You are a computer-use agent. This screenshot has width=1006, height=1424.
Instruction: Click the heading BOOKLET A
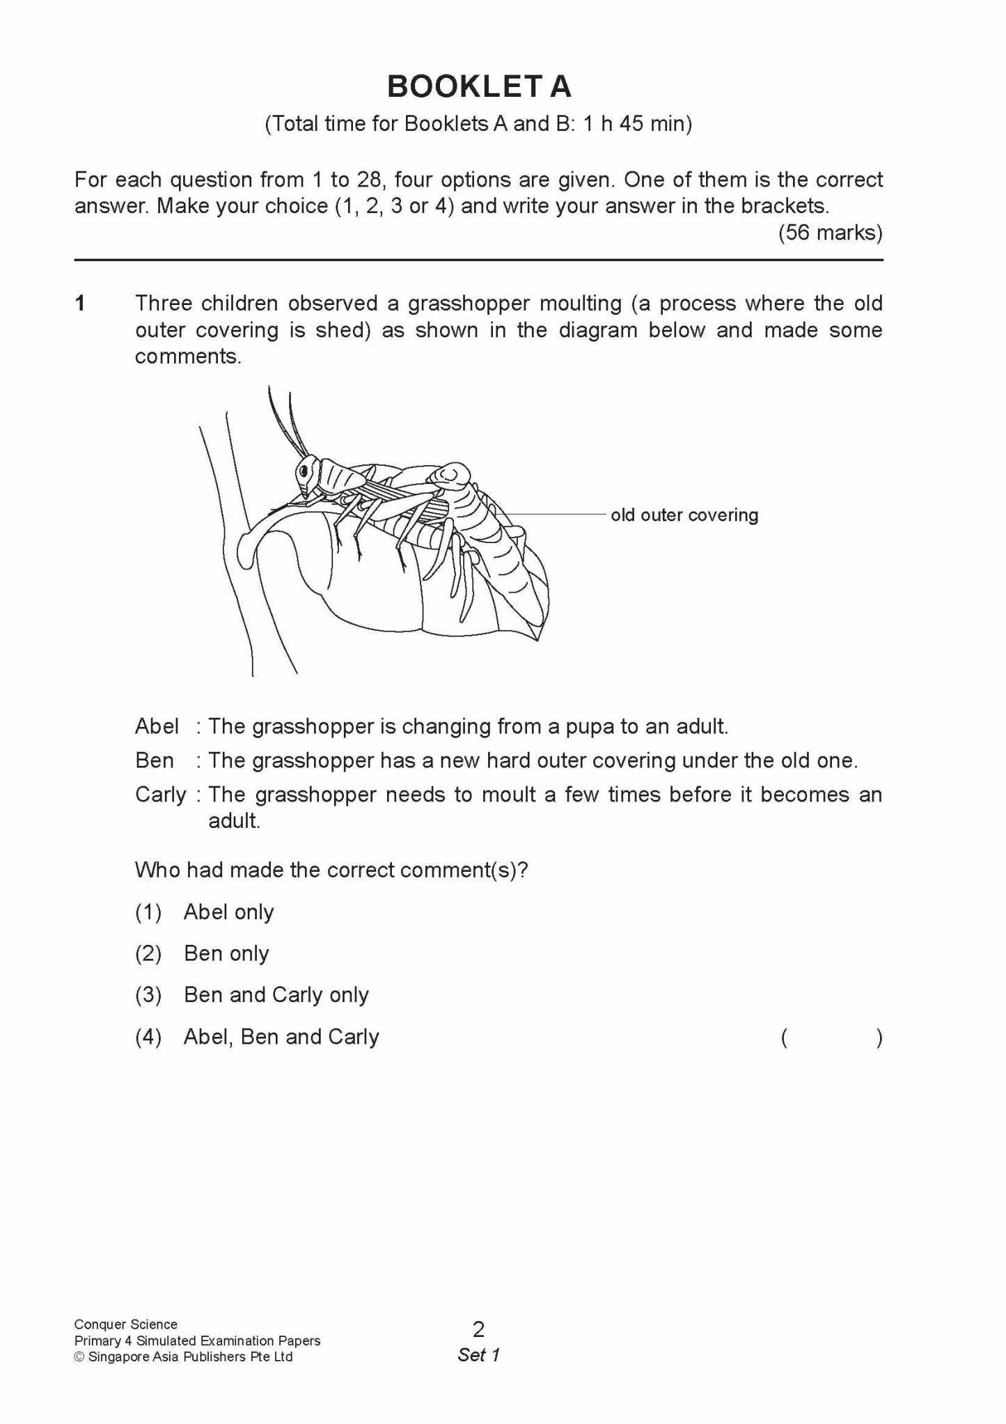pyautogui.click(x=479, y=87)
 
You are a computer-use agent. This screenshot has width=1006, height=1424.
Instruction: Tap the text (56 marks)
pyautogui.click(x=830, y=233)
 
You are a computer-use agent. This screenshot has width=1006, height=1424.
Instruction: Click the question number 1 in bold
pyautogui.click(x=81, y=304)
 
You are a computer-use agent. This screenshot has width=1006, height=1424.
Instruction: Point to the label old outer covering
pyautogui.click(x=684, y=515)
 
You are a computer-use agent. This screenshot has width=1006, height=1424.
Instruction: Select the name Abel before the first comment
pyautogui.click(x=157, y=726)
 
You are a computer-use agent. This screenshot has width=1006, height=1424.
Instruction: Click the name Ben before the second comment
pyautogui.click(x=155, y=760)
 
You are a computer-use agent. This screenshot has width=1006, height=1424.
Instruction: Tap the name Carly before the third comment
pyautogui.click(x=160, y=795)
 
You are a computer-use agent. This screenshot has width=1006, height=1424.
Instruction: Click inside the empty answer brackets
pyautogui.click(x=831, y=1038)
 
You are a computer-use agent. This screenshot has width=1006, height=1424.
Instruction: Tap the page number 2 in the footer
pyautogui.click(x=478, y=1329)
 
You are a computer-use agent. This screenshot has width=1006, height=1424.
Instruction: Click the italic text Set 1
pyautogui.click(x=478, y=1355)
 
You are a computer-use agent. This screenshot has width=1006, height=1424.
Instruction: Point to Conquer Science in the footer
pyautogui.click(x=125, y=1324)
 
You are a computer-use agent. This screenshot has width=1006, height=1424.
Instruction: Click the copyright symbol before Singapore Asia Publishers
pyautogui.click(x=79, y=1357)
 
